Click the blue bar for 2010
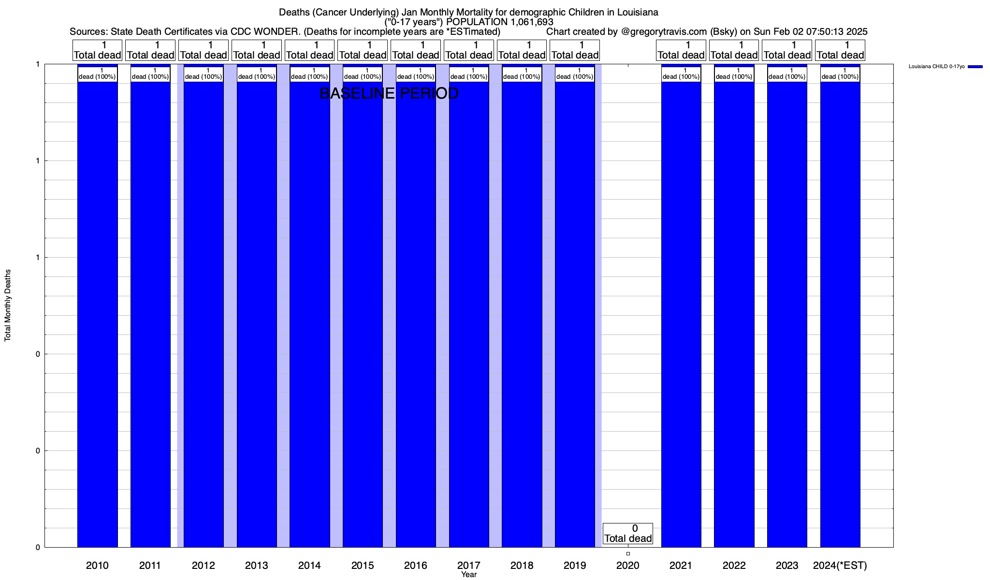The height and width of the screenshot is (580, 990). pos(97,314)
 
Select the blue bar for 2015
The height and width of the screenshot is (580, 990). pos(363,314)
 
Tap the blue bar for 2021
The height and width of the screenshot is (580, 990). pos(681,314)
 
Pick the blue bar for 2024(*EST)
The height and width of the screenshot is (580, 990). pos(840,314)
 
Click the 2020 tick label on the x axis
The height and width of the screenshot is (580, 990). pos(628,565)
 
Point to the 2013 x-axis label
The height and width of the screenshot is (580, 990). pos(256,565)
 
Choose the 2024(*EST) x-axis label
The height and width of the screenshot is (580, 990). pos(840,565)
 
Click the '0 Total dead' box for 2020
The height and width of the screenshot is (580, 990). pos(628,534)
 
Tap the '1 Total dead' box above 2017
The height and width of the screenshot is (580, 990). pos(468,50)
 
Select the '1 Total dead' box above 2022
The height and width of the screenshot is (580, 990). pos(734,50)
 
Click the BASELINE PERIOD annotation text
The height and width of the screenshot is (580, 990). pos(389,93)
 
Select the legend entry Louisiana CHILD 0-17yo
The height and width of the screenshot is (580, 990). pos(936,67)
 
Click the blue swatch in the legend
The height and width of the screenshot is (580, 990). pos(975,67)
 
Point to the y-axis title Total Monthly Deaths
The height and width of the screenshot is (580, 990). pos(8,305)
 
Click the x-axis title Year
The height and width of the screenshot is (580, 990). pos(468,575)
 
